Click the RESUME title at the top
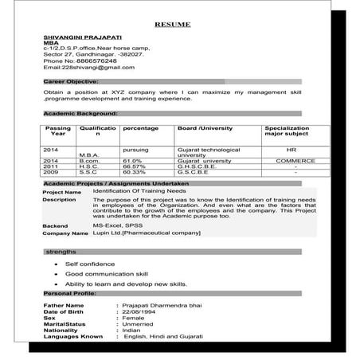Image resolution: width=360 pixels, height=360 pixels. click(172, 25)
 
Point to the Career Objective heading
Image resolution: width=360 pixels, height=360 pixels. click(71, 81)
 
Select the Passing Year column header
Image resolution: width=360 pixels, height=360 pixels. click(57, 131)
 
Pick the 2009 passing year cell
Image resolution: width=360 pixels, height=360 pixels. click(51, 171)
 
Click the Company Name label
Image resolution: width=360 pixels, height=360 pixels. click(65, 234)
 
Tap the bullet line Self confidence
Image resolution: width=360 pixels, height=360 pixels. click(90, 262)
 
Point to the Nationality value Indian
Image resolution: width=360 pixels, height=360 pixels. click(132, 330)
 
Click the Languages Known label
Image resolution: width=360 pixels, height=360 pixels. click(74, 336)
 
